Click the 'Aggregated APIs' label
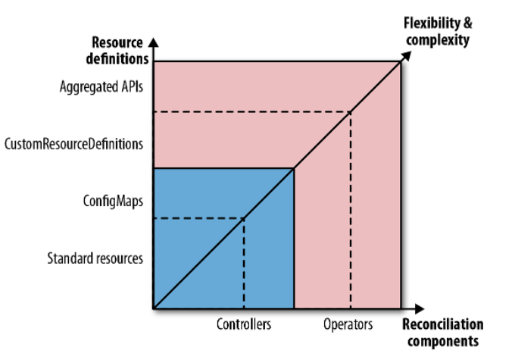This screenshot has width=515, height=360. tap(101, 86)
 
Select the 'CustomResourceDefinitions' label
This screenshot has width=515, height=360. tap(73, 142)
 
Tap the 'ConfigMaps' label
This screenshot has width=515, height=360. tap(113, 201)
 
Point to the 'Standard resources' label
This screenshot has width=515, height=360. tap(95, 258)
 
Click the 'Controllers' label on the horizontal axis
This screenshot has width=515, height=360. tap(243, 324)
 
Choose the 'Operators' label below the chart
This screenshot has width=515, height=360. tap(348, 324)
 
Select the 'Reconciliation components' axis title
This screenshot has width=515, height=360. tap(442, 333)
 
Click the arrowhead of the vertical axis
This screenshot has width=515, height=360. tap(154, 39)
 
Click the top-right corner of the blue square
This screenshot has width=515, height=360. tap(294, 168)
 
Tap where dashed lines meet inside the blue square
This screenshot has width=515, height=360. tap(243, 219)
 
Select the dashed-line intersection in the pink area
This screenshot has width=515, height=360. tap(350, 112)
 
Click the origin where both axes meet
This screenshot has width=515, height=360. tap(154, 308)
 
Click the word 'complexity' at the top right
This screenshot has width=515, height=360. tap(437, 40)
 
